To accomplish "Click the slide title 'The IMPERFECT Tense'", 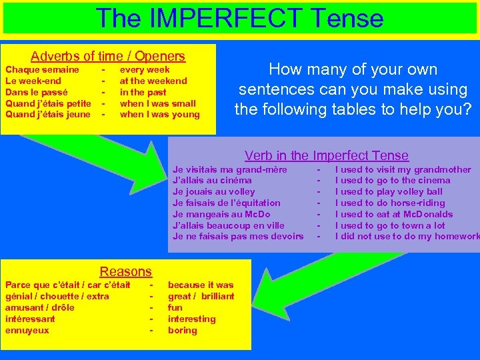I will tap(239, 17).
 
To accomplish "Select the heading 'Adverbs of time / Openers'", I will tap(108, 56).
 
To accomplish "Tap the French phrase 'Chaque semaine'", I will tap(42, 69).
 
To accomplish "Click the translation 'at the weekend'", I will tap(153, 81).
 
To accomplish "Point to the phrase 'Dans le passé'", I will tap(36, 92).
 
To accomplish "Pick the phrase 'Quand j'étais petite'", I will tap(48, 103).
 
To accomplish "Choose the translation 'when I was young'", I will tap(159, 115).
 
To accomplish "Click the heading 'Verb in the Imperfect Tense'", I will tap(326, 155).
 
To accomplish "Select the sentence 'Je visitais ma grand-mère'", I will tap(229, 169).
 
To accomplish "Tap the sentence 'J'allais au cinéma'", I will tap(212, 180).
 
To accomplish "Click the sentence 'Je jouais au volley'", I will tap(213, 191).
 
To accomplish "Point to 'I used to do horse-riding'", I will tap(389, 203).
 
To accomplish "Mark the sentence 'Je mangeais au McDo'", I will tap(221, 214).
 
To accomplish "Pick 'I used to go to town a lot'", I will tap(389, 225).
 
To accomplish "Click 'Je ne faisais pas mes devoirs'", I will tap(237, 237).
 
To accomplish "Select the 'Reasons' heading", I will tap(125, 271).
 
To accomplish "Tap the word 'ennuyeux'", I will tap(27, 330).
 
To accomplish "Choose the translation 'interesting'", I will tap(191, 319).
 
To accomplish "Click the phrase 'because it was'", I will tap(201, 285).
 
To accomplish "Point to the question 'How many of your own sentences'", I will tap(352, 89).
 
